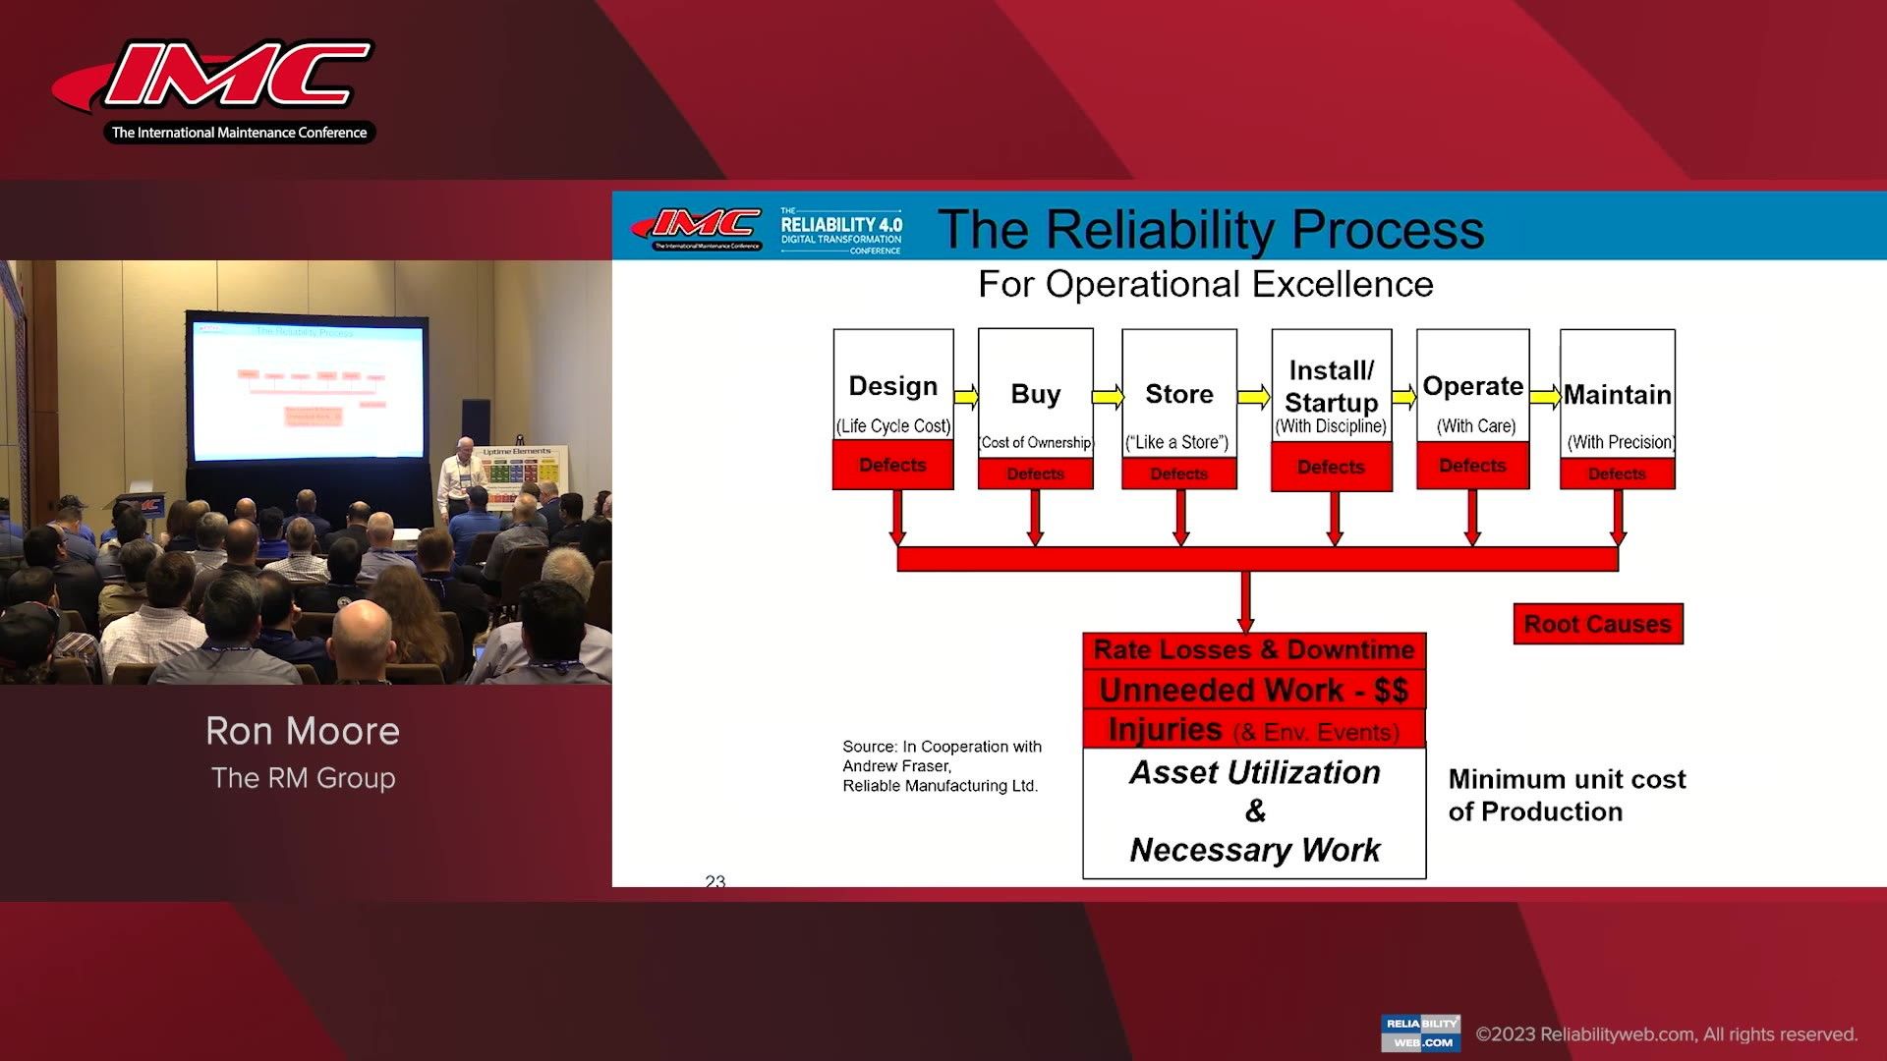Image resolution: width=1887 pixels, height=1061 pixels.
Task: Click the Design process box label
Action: [892, 386]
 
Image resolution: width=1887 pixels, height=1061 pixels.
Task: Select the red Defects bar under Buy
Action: [1035, 474]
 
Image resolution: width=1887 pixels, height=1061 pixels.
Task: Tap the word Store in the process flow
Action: [1178, 394]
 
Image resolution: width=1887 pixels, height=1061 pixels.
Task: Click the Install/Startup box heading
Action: [1331, 386]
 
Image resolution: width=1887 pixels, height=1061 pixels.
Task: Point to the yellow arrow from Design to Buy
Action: [966, 396]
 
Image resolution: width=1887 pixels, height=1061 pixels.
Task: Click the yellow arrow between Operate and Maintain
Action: [1545, 396]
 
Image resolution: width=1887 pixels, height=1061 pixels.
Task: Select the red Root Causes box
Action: [1597, 624]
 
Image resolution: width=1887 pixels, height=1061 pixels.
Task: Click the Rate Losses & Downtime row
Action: [1253, 650]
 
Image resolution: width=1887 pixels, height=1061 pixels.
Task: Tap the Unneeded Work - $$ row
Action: [1253, 690]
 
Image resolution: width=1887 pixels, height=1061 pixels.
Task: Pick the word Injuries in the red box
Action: [1165, 730]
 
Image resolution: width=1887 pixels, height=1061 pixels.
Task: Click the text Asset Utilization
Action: [1254, 772]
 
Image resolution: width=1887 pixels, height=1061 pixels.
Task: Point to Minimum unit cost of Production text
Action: [1566, 795]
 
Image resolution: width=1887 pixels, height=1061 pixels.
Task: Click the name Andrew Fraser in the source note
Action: [895, 766]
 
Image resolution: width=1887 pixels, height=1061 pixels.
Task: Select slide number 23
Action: [715, 881]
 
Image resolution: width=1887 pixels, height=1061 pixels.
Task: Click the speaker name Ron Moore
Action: [303, 731]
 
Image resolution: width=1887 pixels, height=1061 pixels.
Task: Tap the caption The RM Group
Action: [303, 778]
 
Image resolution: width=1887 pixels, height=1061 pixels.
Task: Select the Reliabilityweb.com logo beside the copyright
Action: [1420, 1033]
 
